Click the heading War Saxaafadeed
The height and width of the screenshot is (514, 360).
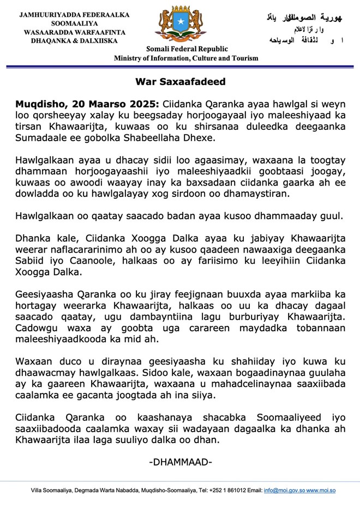pos(180,82)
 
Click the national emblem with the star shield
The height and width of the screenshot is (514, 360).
pos(179,25)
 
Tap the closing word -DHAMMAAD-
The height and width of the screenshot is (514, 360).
pos(180,463)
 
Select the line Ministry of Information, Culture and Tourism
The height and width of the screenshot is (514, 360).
pos(186,58)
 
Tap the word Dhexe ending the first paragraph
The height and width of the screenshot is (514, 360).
pos(200,139)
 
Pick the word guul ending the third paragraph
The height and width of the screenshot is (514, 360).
pos(332,216)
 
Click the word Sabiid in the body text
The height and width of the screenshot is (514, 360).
pos(29,261)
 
